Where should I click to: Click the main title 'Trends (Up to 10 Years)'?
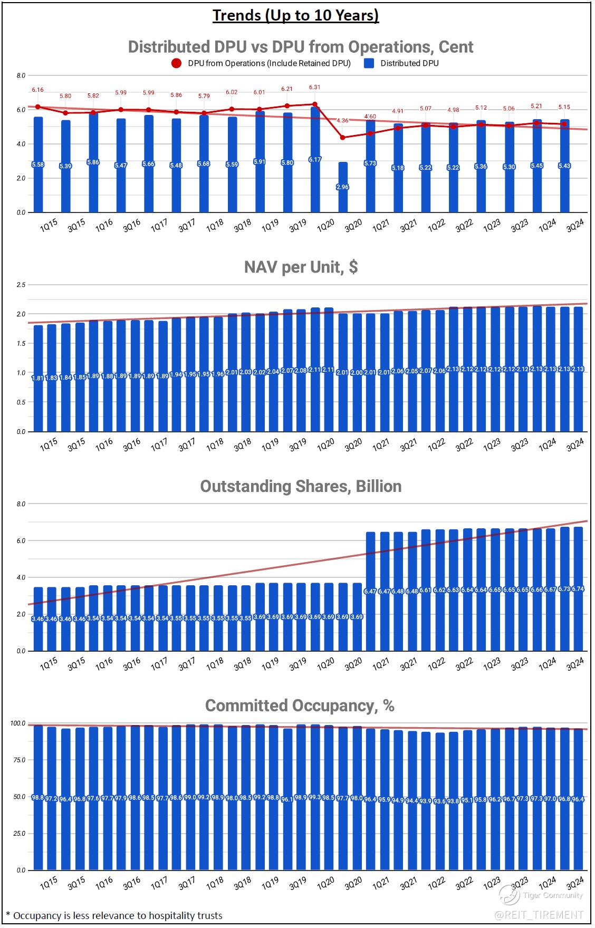pos(295,15)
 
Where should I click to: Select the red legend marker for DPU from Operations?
pos(176,63)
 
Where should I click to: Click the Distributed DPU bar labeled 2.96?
pos(343,187)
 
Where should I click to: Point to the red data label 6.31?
pos(314,87)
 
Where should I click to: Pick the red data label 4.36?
pos(342,120)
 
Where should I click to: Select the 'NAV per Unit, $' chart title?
pos(301,267)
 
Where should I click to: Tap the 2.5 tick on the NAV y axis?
pos(21,285)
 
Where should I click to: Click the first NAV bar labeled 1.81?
pos(39,379)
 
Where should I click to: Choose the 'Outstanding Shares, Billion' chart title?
pos(301,486)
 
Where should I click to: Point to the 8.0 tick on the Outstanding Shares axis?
pos(21,504)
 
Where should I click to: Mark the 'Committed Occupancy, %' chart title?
pos(300,705)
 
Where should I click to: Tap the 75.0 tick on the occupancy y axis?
pos(19,760)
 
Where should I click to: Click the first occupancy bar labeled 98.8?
pos(38,797)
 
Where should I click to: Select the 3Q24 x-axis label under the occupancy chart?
pos(575,883)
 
